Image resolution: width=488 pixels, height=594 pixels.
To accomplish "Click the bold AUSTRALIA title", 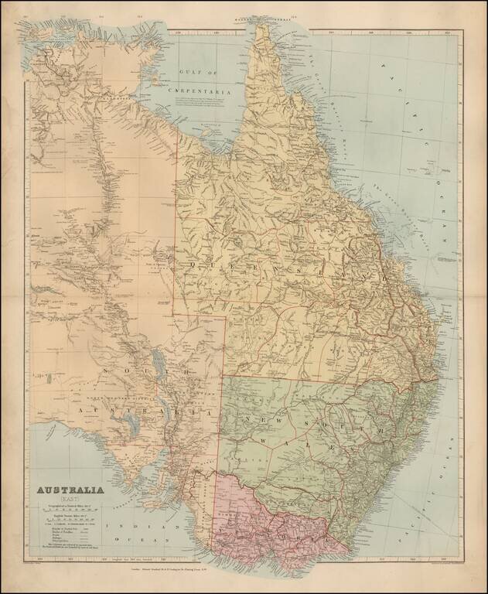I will pyautogui.click(x=70, y=490).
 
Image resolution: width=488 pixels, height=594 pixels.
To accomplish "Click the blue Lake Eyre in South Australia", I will pyautogui.click(x=159, y=360).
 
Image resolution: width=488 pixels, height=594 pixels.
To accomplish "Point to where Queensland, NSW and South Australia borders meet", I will pyautogui.click(x=224, y=377).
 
